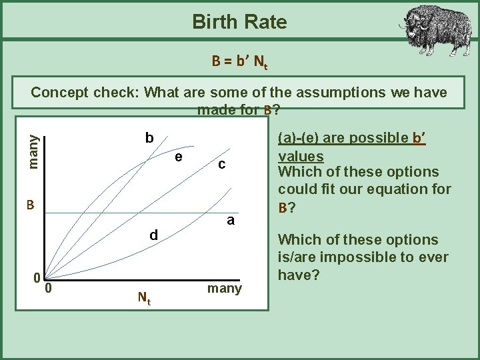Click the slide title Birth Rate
pos(239,22)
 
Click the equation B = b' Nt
pos(239,63)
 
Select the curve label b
pos(150,138)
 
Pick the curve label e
pos(179,157)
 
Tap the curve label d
pos(153,235)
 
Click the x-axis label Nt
pos(144,298)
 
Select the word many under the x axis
pos(225,288)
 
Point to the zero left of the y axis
pos(40,277)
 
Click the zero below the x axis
pos(49,289)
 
